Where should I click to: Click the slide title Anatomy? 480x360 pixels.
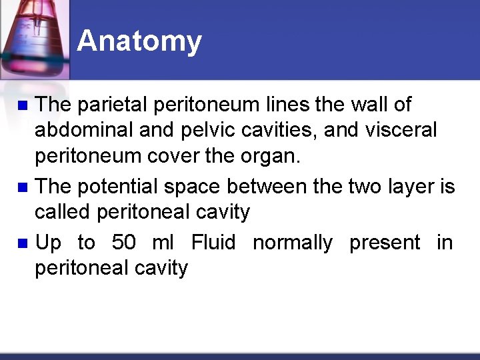click(x=139, y=41)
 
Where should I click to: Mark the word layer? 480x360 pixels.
click(x=411, y=186)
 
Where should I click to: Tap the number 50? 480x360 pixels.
click(x=124, y=243)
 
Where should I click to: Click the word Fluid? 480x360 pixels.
click(x=213, y=243)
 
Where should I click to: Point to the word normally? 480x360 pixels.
click(x=293, y=243)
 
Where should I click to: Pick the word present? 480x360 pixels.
click(x=385, y=243)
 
